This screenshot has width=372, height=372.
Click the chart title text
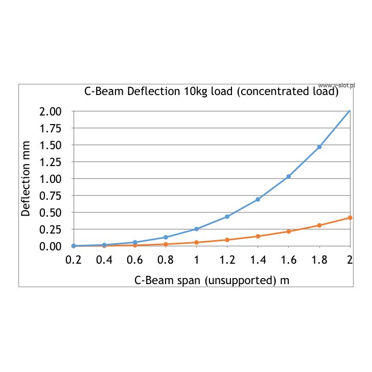(x=211, y=92)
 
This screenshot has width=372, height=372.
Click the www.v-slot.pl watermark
(x=336, y=85)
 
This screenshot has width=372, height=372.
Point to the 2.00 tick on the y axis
(x=51, y=111)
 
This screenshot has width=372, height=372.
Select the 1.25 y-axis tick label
(x=51, y=162)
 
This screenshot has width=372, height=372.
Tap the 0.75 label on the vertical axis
(x=51, y=196)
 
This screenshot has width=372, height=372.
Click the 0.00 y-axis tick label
(x=51, y=246)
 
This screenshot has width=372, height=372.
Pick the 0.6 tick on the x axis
(x=135, y=260)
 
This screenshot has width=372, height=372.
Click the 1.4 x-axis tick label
(x=258, y=260)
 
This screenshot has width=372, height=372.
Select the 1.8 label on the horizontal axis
(x=319, y=260)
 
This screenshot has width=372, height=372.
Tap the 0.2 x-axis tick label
(x=74, y=260)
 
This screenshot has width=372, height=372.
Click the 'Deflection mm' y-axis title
(x=26, y=178)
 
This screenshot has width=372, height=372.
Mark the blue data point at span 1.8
(x=319, y=147)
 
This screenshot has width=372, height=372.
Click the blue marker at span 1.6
(x=289, y=176)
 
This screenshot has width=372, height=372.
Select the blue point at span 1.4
(x=258, y=199)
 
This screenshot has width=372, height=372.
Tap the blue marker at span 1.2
(x=227, y=217)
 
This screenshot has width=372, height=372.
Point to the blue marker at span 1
(x=197, y=229)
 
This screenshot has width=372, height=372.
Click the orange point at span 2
(x=350, y=218)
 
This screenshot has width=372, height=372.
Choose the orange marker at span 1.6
(x=289, y=231)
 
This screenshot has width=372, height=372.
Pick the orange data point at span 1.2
(x=227, y=240)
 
